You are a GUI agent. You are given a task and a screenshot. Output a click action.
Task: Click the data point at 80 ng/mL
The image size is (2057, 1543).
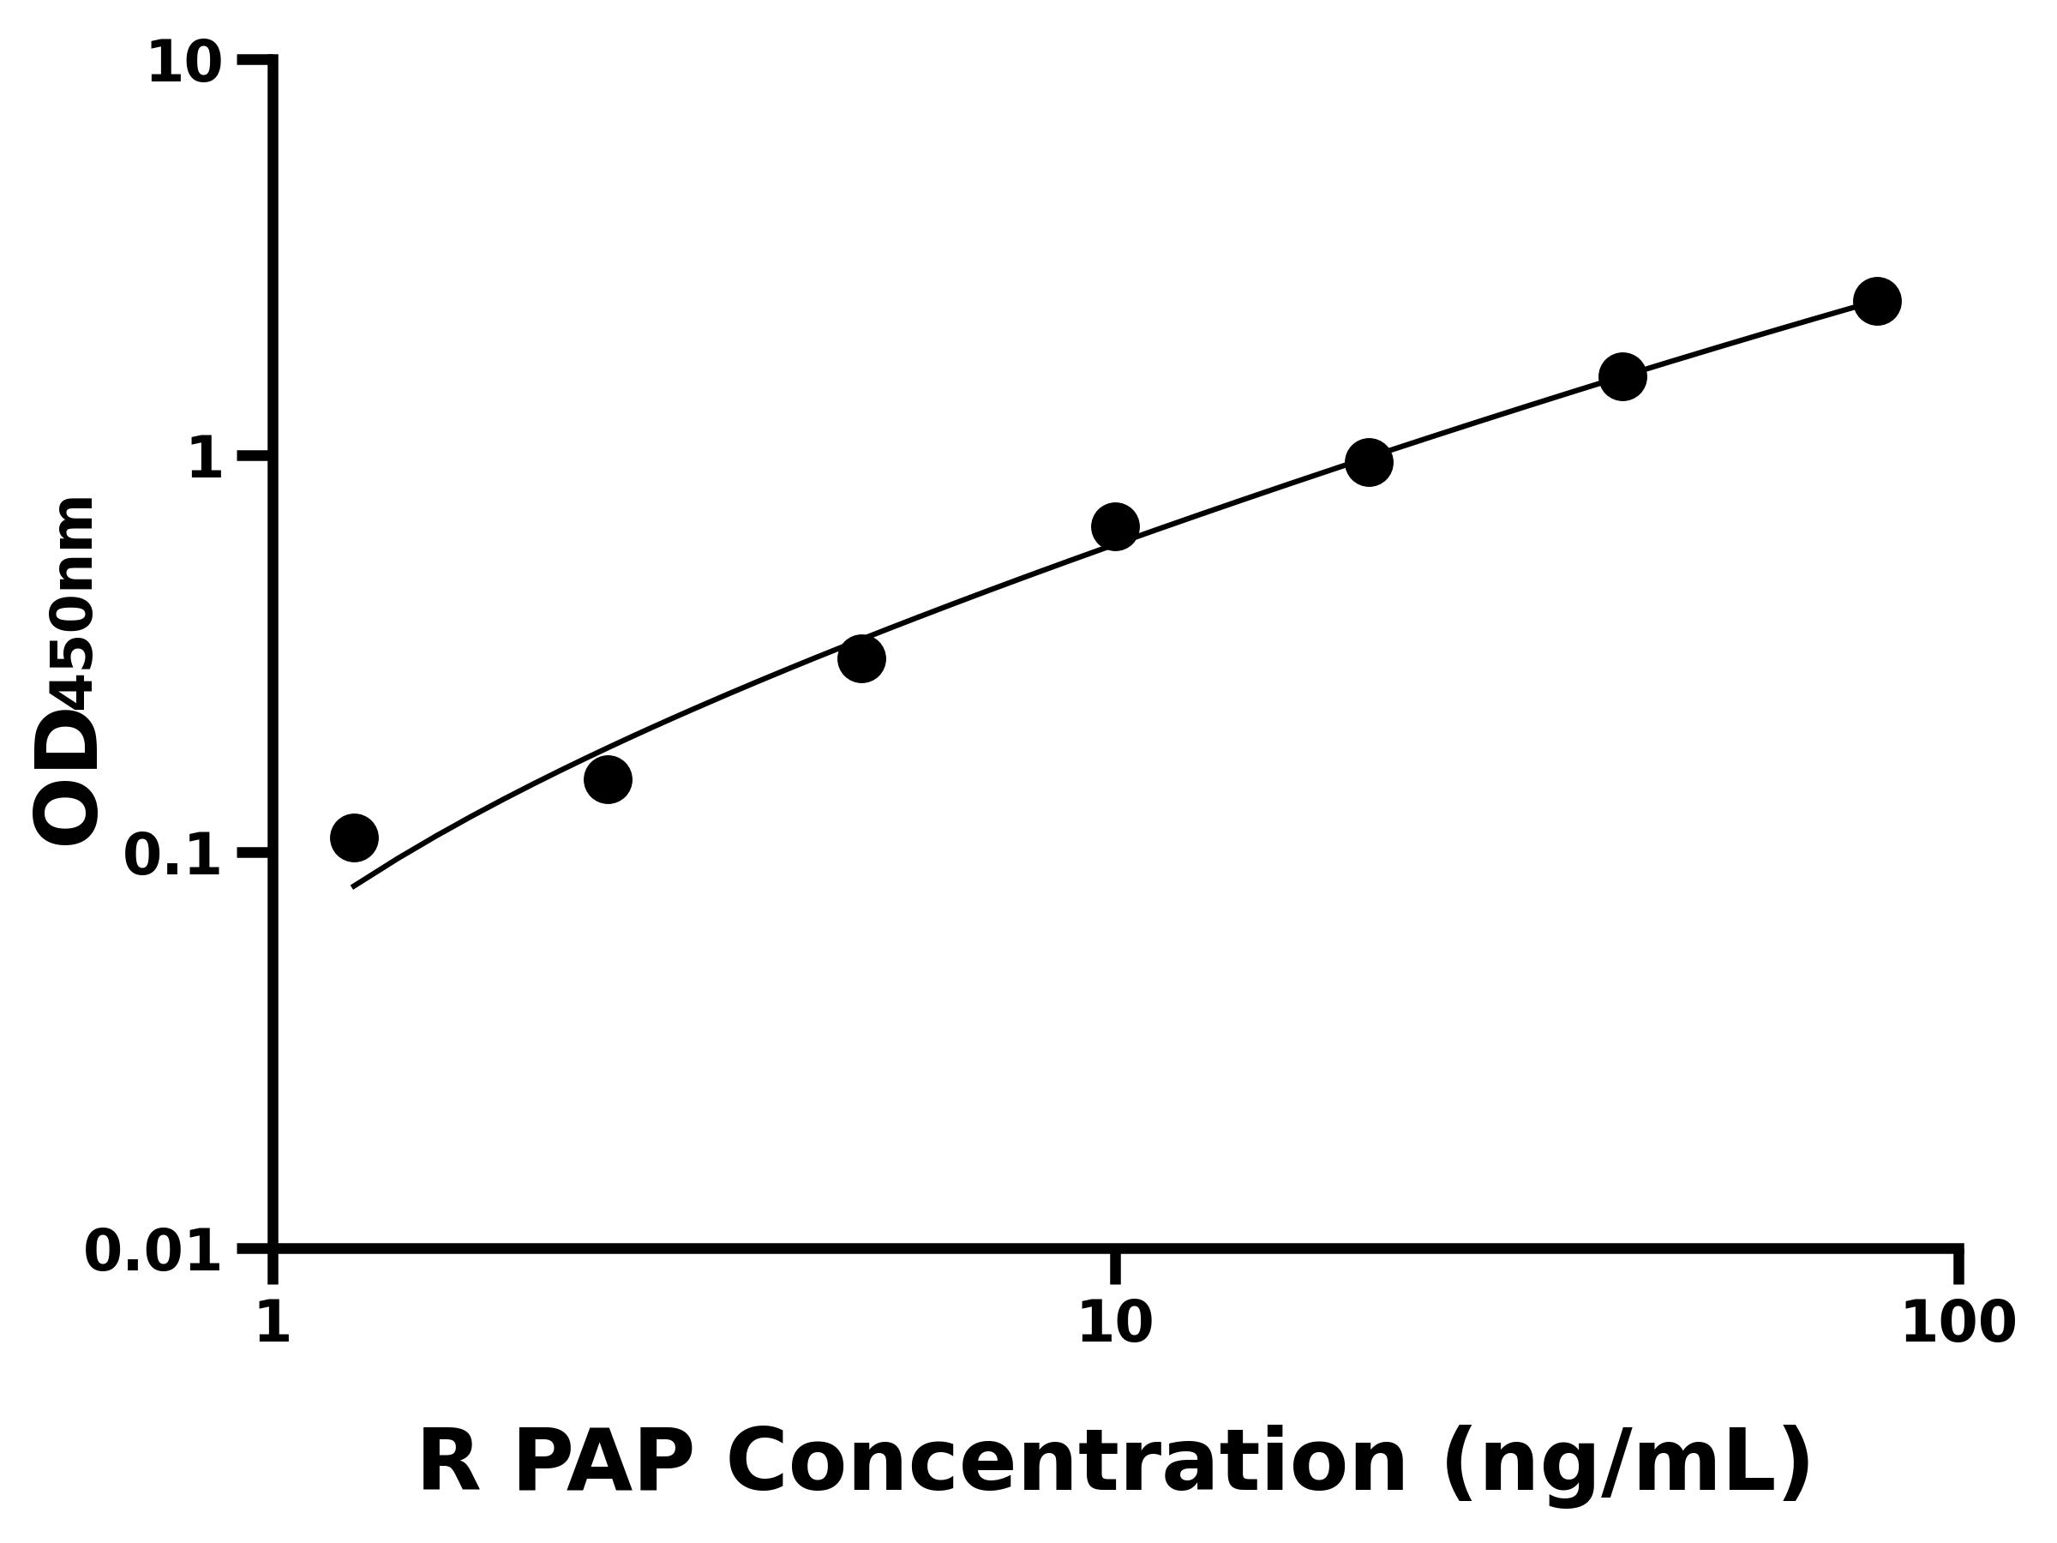pos(1877,302)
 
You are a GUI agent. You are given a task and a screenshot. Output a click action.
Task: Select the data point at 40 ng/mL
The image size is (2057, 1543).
pos(1622,376)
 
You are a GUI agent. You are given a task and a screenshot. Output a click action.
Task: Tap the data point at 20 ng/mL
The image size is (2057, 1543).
pos(1369,462)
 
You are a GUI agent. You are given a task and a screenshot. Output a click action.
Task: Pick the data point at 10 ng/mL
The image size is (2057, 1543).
pos(1115,527)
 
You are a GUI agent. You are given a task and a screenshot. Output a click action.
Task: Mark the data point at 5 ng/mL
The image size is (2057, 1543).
pos(861,659)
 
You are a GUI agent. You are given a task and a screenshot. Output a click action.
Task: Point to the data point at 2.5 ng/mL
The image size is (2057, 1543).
pos(607,779)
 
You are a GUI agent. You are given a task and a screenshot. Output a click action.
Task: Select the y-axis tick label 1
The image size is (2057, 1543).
pos(206,459)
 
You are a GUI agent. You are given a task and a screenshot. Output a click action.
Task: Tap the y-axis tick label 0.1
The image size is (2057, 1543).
pos(173,856)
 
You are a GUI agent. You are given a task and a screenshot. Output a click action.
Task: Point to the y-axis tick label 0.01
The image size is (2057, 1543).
pos(153,1252)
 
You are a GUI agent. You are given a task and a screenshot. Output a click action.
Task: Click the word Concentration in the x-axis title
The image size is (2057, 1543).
pos(1065,1463)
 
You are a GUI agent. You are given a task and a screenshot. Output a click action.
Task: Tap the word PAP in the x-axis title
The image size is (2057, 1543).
pos(603,1463)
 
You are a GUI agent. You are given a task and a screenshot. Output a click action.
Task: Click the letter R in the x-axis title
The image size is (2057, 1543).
pos(449,1463)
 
